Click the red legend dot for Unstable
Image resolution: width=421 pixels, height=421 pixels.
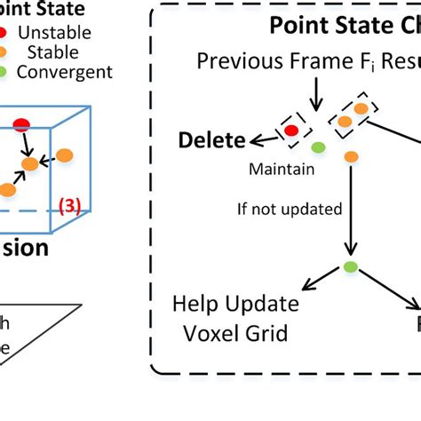click(x=4, y=33)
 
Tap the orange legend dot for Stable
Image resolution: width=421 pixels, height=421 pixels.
click(x=7, y=52)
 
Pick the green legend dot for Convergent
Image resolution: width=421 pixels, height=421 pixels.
click(x=7, y=72)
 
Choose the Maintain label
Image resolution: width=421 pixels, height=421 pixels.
click(x=276, y=167)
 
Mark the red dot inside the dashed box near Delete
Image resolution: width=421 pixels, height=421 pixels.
click(x=291, y=131)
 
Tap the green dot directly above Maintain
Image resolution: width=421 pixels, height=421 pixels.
click(x=317, y=147)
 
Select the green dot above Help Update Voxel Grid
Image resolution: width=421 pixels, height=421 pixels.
click(x=349, y=266)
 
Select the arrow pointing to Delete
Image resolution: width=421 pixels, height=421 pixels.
click(x=259, y=138)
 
